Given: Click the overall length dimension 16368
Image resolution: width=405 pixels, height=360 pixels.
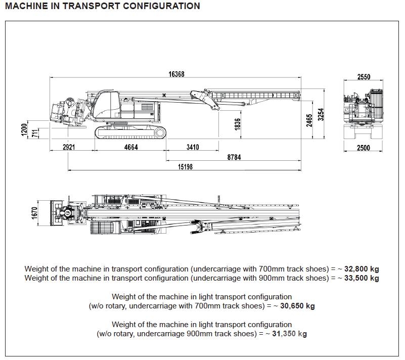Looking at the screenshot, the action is (x=176, y=74).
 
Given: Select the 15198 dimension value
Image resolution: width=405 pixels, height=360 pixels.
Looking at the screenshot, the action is (x=185, y=167).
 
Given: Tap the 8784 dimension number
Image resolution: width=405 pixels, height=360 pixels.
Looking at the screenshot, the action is (x=234, y=157).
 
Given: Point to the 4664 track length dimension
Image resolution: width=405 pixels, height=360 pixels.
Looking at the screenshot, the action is (x=131, y=147).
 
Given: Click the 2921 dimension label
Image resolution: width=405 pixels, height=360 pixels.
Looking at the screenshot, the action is (x=69, y=147).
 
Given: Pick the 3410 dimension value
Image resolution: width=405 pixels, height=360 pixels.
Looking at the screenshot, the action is (x=193, y=147).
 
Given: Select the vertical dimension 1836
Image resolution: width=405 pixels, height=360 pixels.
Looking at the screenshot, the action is (x=237, y=124).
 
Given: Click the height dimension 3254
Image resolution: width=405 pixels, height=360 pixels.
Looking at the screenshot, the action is (x=321, y=114).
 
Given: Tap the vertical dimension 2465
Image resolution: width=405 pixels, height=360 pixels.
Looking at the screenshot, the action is (x=309, y=120).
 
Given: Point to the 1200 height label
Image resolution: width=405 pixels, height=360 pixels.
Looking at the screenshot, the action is (x=24, y=129).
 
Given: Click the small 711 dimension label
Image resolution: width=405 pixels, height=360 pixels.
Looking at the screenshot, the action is (x=35, y=133).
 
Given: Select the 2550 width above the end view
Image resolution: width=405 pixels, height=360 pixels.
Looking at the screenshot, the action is (x=364, y=77).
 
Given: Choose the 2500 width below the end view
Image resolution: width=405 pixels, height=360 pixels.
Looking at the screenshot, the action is (x=364, y=148).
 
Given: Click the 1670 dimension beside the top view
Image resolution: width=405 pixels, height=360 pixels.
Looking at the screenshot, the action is (x=34, y=213).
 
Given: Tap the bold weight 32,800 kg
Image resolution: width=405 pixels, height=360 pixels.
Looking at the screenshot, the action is (x=362, y=269).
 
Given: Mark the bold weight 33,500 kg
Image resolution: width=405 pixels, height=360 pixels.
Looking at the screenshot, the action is (x=362, y=278).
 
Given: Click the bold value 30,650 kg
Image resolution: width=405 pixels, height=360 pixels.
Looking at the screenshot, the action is (x=297, y=306).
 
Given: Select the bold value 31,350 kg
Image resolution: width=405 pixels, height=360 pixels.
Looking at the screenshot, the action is (x=289, y=334).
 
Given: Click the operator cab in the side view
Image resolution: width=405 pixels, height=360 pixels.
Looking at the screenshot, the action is (x=107, y=105).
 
